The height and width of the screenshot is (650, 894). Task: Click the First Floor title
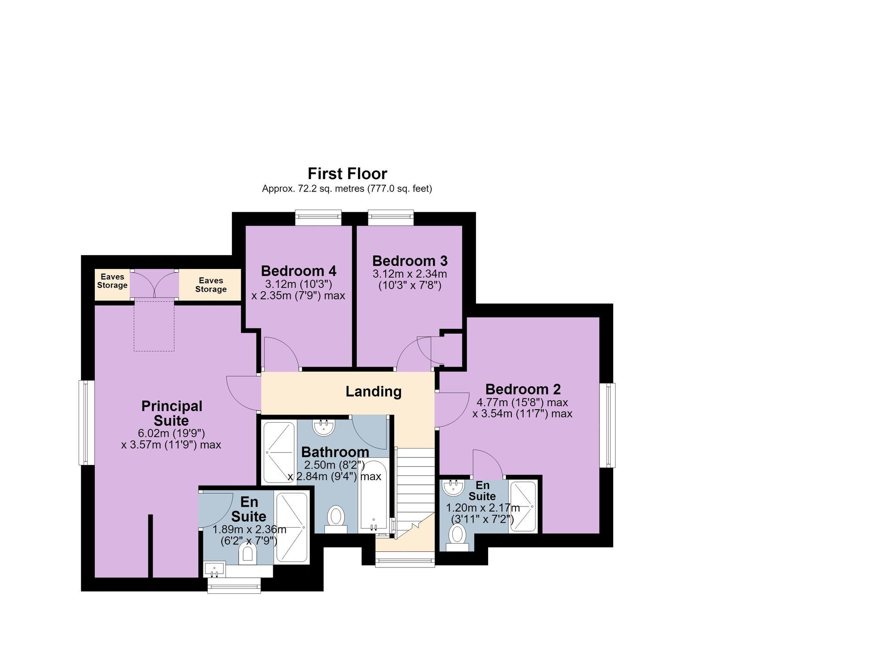[x=347, y=173]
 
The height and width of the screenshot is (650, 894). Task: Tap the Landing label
[x=373, y=392]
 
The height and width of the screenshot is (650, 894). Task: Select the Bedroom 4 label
[x=299, y=271]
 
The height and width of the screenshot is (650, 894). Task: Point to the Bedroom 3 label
[x=410, y=260]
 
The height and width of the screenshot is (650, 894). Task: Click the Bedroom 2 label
[x=523, y=389]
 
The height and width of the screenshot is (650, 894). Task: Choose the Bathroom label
[x=335, y=452]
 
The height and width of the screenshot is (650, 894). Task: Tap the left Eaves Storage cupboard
[x=112, y=285]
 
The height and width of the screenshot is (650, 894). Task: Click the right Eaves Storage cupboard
[x=210, y=285]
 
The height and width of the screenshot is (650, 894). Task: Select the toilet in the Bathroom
[x=336, y=519]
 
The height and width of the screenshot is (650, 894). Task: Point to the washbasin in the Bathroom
[x=324, y=427]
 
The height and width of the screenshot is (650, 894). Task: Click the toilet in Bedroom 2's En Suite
[x=457, y=537]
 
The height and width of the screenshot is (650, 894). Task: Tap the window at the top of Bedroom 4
[x=318, y=218]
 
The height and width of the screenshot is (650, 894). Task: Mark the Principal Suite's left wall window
[x=87, y=423]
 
